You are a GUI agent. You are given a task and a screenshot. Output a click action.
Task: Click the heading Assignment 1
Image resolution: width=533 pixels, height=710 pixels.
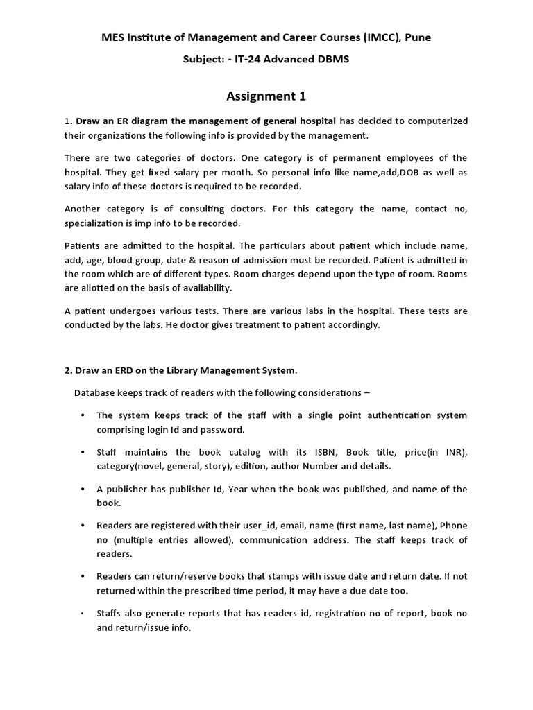tap(266, 96)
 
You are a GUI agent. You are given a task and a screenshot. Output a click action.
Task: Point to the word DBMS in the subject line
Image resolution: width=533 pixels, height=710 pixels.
tap(332, 60)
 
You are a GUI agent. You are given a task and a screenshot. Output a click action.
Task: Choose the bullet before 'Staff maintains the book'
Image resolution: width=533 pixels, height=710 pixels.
tap(83, 453)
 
